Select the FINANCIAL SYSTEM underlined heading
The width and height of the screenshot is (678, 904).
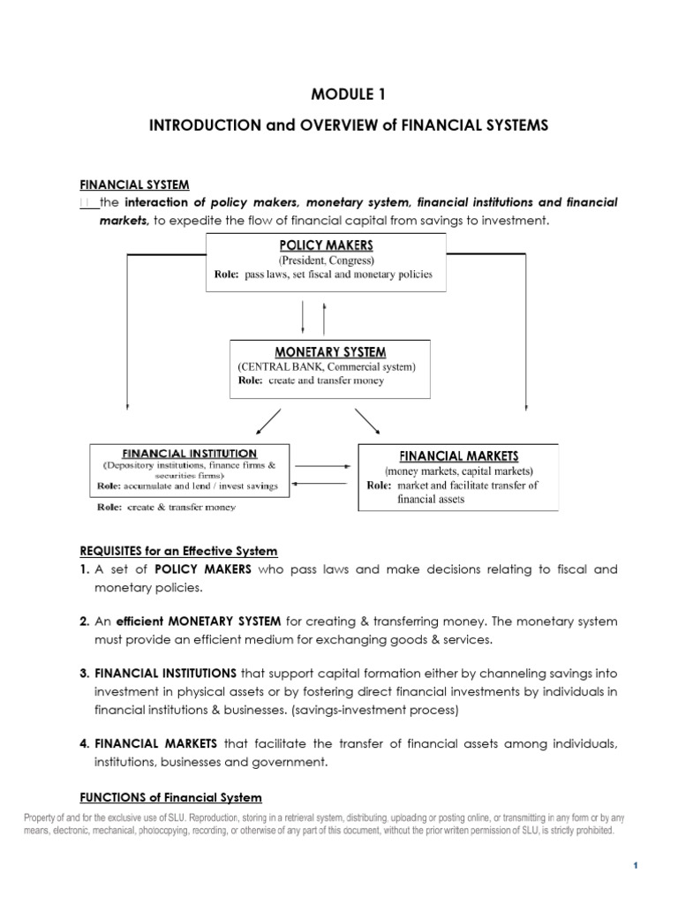coord(134,185)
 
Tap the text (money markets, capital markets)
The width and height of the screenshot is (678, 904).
coord(457,471)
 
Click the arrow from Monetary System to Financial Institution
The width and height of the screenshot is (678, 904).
coord(267,422)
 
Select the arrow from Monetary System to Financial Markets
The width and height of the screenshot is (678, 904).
coord(369,422)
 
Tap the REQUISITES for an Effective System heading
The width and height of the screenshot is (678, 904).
coord(179,551)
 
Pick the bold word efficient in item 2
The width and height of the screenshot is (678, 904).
coord(144,621)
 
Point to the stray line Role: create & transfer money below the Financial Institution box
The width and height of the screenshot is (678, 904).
coord(166,508)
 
